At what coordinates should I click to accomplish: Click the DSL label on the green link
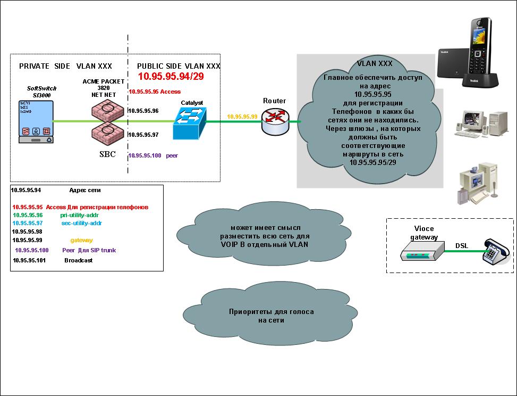[462, 246]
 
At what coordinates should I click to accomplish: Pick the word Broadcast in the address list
[78, 261]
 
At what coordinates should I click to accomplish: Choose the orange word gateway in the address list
[81, 241]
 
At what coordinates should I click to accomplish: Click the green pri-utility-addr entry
[80, 215]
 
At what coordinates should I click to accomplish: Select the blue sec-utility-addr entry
[81, 224]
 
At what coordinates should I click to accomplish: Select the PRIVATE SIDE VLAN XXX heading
[65, 66]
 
